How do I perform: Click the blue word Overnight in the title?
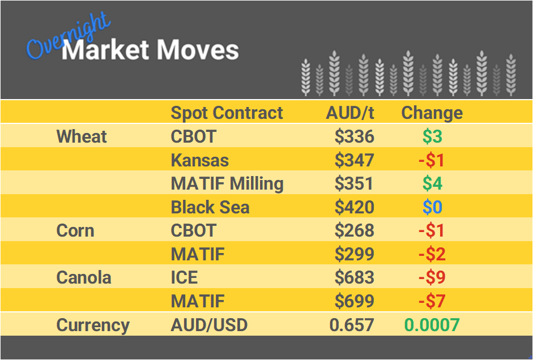pos(68,37)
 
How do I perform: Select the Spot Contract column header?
pos(227,113)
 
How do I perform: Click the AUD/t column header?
pos(350,113)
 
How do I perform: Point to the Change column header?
pos(432,113)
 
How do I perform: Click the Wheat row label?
pos(82,136)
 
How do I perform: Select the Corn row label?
pos(75,230)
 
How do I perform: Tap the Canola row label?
pos(84,278)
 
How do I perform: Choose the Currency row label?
pos(93,325)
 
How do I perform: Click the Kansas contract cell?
pos(199,160)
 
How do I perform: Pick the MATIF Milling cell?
pos(227,183)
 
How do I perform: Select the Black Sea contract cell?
pos(210,207)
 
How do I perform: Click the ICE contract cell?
pos(184,278)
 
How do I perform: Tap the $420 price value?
pos(354,207)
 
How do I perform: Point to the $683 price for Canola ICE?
pos(354,278)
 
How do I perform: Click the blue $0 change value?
pos(432,207)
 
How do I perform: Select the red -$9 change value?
pos(432,278)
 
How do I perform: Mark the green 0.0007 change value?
pos(432,325)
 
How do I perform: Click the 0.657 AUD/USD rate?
pos(352,325)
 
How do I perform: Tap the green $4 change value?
pos(432,183)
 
